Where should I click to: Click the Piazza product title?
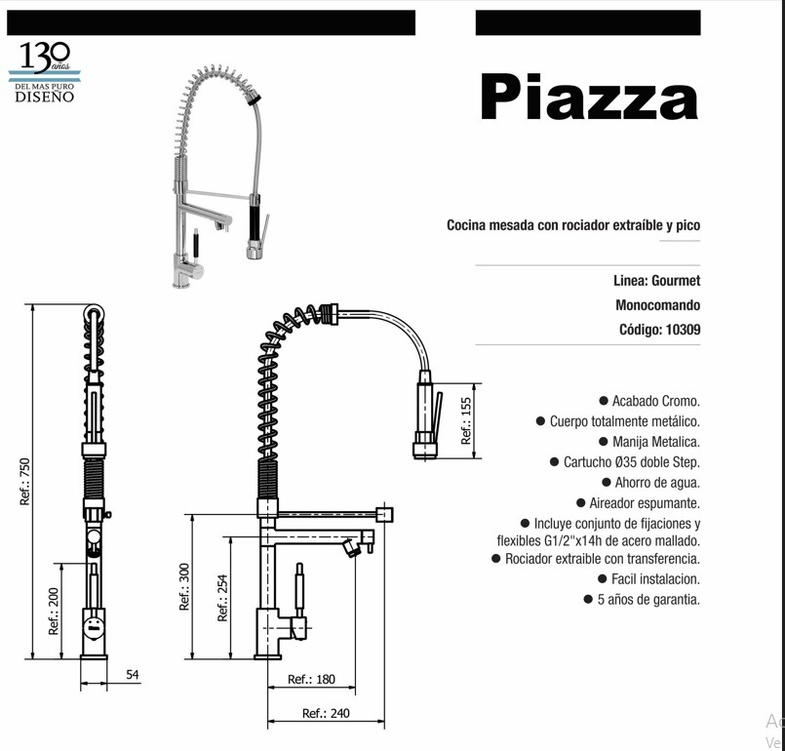589,97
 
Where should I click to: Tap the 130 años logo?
45,72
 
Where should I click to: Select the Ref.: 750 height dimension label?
24,481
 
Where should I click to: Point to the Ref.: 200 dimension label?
53,611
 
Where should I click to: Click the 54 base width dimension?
133,674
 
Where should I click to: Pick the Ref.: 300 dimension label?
184,587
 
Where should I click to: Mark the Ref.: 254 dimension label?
222,598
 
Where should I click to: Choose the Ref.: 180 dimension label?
311,679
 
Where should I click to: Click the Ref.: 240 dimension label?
326,713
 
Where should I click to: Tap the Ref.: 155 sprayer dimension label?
466,420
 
